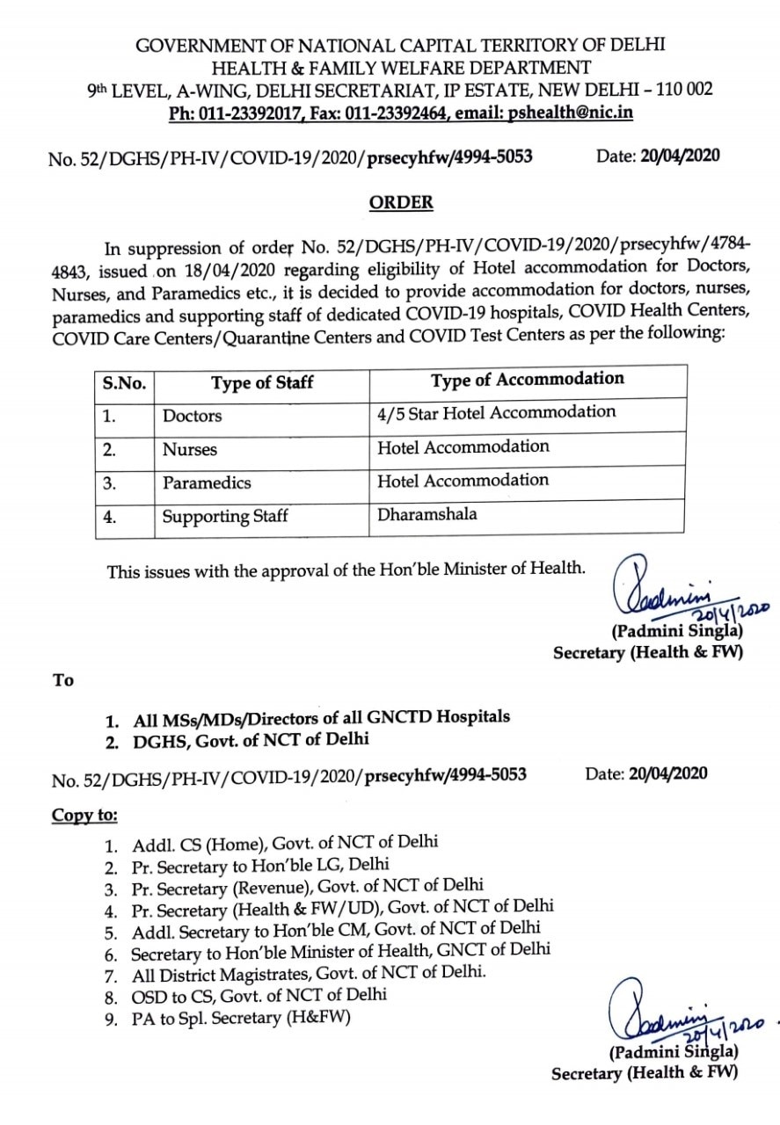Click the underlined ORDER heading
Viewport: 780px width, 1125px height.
tap(401, 202)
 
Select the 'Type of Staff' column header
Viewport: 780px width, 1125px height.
tap(262, 383)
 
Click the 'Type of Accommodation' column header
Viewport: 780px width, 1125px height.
tap(528, 380)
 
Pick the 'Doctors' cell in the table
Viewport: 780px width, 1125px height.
tap(193, 416)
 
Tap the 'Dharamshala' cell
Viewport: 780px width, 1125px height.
tap(427, 515)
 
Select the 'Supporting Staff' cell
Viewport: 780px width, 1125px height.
tap(225, 517)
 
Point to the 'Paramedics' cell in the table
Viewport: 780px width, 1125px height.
tap(207, 483)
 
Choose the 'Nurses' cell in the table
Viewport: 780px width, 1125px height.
tap(190, 449)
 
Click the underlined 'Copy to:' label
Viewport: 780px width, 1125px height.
tap(84, 815)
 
